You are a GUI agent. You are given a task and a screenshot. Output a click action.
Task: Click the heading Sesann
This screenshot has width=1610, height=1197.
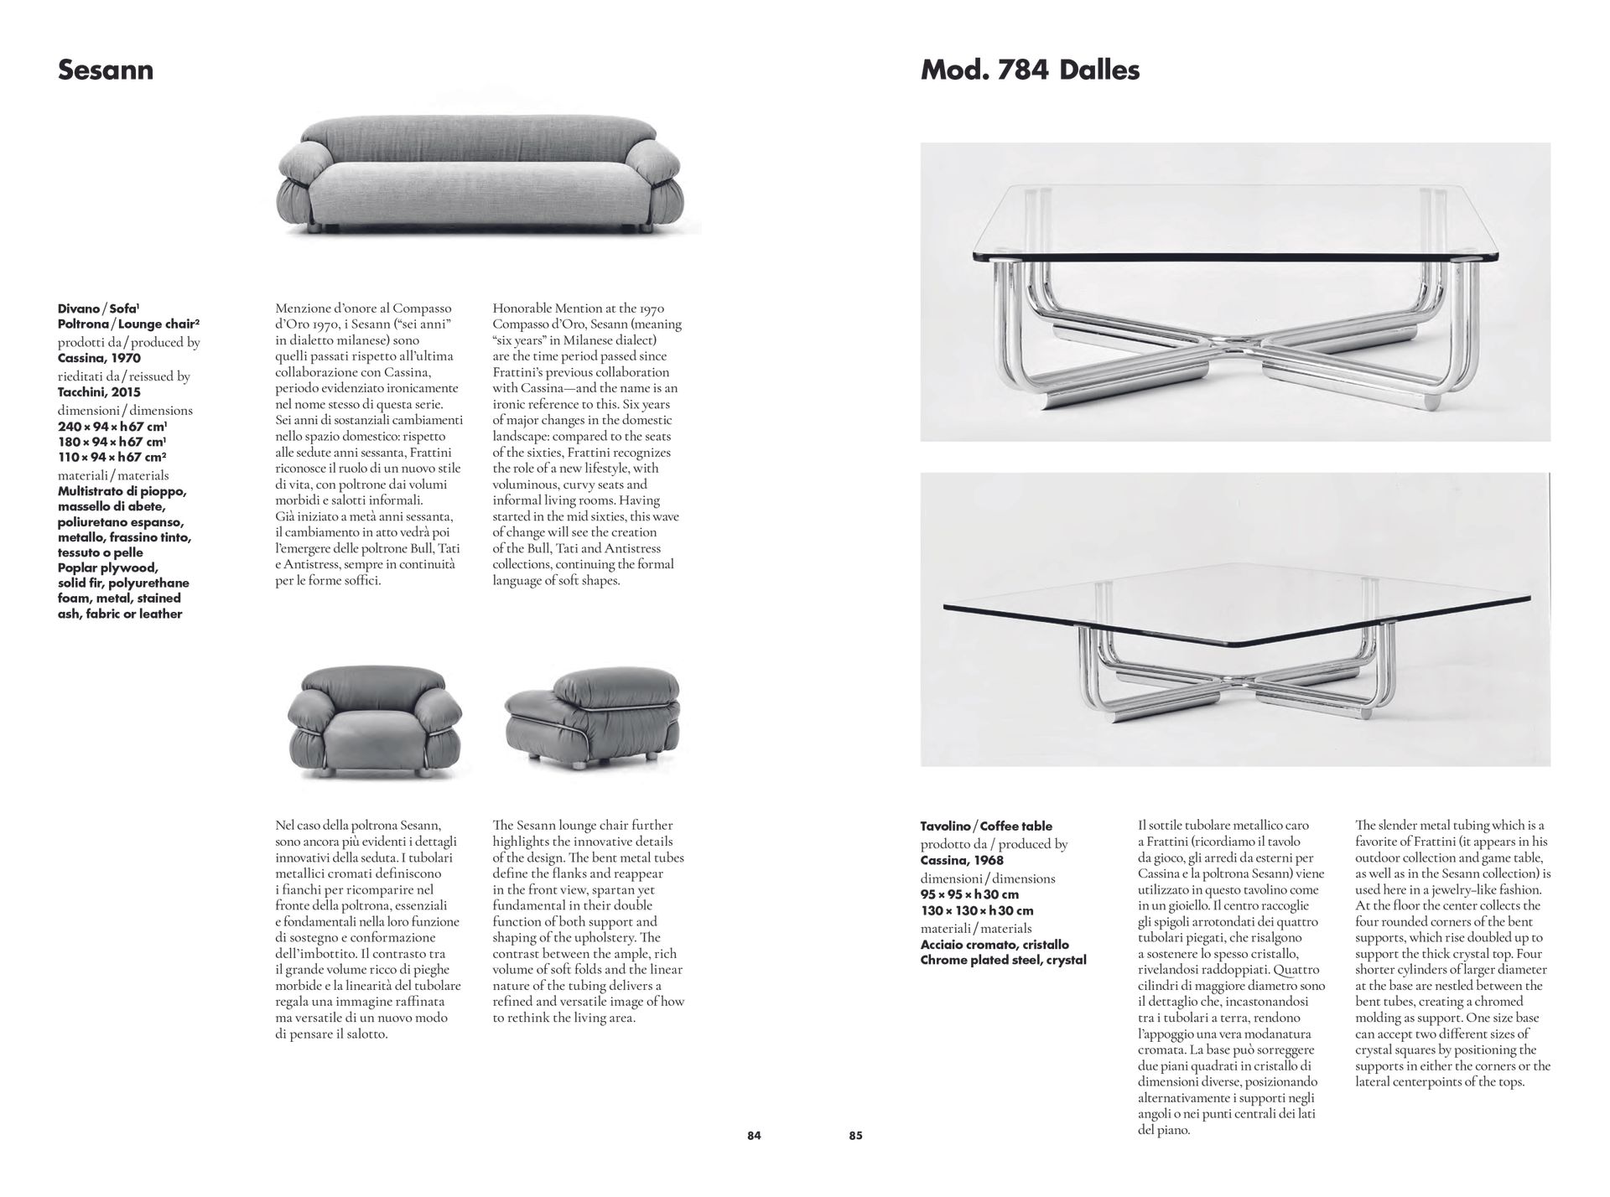click(106, 70)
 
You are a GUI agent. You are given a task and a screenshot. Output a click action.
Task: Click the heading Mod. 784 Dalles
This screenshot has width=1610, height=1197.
click(1030, 70)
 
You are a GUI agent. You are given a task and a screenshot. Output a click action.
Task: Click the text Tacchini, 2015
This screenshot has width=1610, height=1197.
click(99, 392)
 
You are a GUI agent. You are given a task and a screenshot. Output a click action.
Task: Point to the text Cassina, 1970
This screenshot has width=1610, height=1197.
click(99, 358)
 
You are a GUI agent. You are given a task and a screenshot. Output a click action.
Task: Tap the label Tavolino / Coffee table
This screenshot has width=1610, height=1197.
click(986, 826)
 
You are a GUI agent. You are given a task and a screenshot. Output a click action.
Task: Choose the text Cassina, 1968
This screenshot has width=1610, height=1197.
click(962, 860)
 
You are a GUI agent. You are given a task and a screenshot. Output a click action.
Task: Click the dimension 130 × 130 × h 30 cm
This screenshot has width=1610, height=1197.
click(976, 910)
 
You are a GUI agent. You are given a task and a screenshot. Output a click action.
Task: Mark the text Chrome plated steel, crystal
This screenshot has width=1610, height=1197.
click(1003, 960)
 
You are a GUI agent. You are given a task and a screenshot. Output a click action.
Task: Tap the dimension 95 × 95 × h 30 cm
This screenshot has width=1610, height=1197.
click(969, 894)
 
